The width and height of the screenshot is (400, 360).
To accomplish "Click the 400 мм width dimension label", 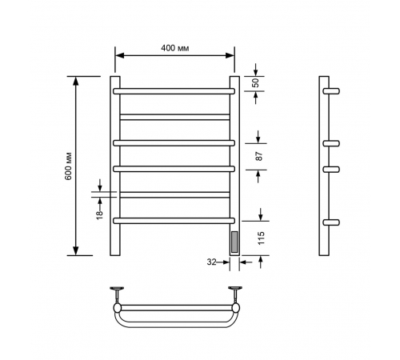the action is coord(175,48).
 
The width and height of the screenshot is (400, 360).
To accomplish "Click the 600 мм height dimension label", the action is coord(69,166).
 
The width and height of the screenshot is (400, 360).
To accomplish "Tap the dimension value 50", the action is coord(255,83).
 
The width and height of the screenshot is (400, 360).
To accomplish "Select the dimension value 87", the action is coord(259,156).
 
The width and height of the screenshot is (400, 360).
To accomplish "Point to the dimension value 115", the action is coord(262,238).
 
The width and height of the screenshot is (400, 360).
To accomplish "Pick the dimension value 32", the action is coord(211,262).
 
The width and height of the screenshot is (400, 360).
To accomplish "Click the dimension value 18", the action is coord(99,214).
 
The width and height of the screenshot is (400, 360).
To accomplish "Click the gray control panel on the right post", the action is coord(234,242).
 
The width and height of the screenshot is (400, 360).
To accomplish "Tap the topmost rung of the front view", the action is coord(174,91).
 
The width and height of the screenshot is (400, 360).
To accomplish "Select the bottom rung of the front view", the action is coord(174,221).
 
